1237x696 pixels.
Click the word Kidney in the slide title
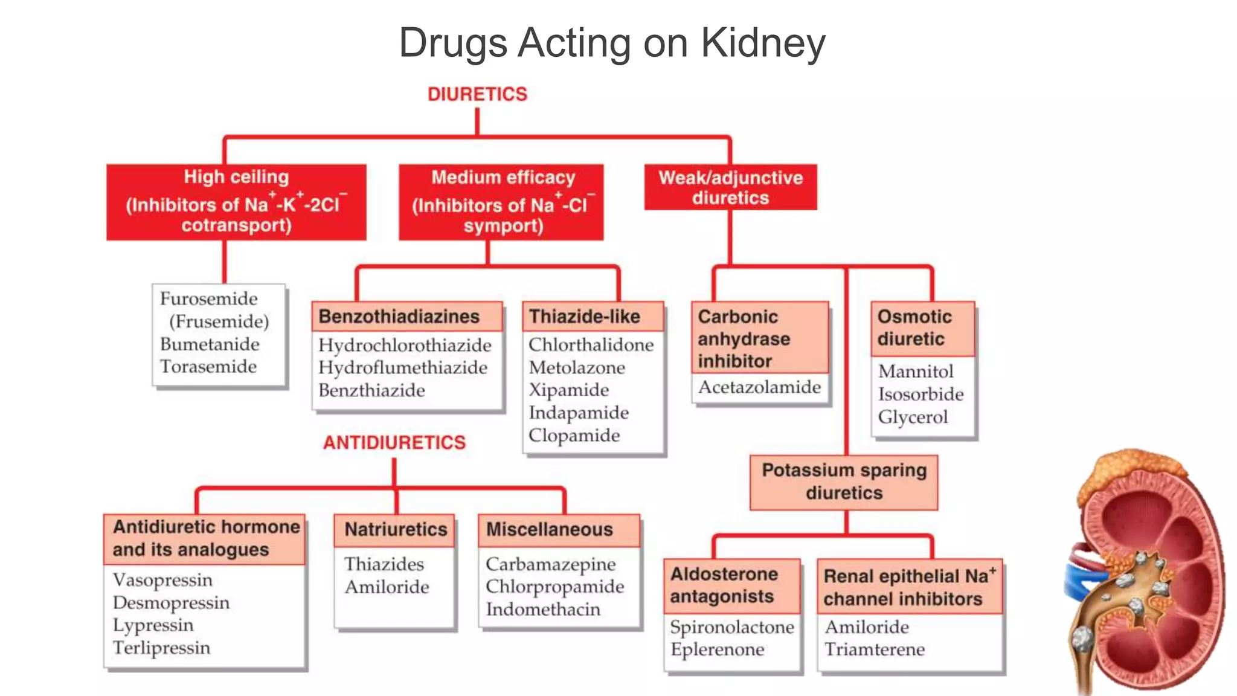tap(763, 43)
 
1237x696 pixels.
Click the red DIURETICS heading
tap(477, 94)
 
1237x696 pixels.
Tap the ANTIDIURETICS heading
tap(394, 442)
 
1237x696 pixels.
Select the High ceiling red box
tap(236, 202)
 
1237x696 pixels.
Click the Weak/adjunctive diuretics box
tap(730, 187)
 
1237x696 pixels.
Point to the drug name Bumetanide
tap(210, 344)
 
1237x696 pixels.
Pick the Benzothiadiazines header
tap(399, 317)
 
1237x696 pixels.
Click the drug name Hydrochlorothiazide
tap(405, 345)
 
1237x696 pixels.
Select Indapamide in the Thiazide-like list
tap(578, 413)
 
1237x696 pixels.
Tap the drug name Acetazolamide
tap(759, 387)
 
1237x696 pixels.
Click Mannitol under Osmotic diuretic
tap(916, 371)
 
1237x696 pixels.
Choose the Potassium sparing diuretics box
tap(844, 482)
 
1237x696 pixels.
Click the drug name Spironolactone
tap(731, 627)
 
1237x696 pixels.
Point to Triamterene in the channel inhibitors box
tap(874, 649)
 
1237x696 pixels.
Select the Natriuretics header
tap(396, 529)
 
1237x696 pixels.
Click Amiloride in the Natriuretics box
tap(387, 587)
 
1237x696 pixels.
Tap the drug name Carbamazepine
tap(550, 564)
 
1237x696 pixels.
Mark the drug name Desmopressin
tap(171, 602)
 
